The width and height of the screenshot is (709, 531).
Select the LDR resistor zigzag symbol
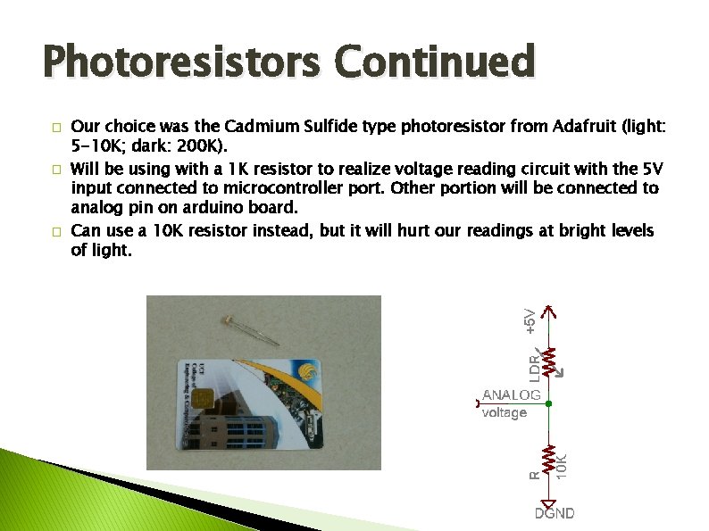pos(550,361)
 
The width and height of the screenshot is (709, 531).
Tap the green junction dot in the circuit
pos(549,403)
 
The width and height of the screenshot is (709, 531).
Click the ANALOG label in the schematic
pos(512,394)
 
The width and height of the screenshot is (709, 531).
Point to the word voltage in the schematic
pos(505,412)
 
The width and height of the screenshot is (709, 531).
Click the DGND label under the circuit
pos(555,513)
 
